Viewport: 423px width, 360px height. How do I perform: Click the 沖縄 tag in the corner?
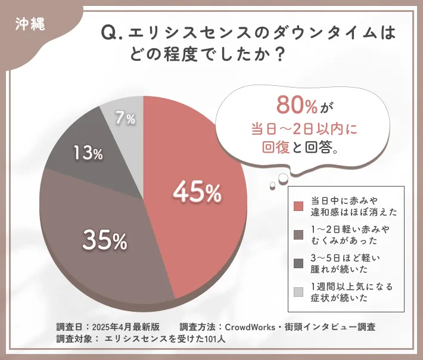[27, 25]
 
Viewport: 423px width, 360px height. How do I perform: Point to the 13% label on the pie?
[88, 153]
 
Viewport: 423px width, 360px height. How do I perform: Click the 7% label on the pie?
[125, 119]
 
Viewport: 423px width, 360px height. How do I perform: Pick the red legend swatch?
[298, 206]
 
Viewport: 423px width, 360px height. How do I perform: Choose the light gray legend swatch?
[298, 291]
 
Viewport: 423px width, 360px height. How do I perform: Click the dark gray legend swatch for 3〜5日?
[298, 263]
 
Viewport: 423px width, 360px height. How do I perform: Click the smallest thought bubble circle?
[272, 185]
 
